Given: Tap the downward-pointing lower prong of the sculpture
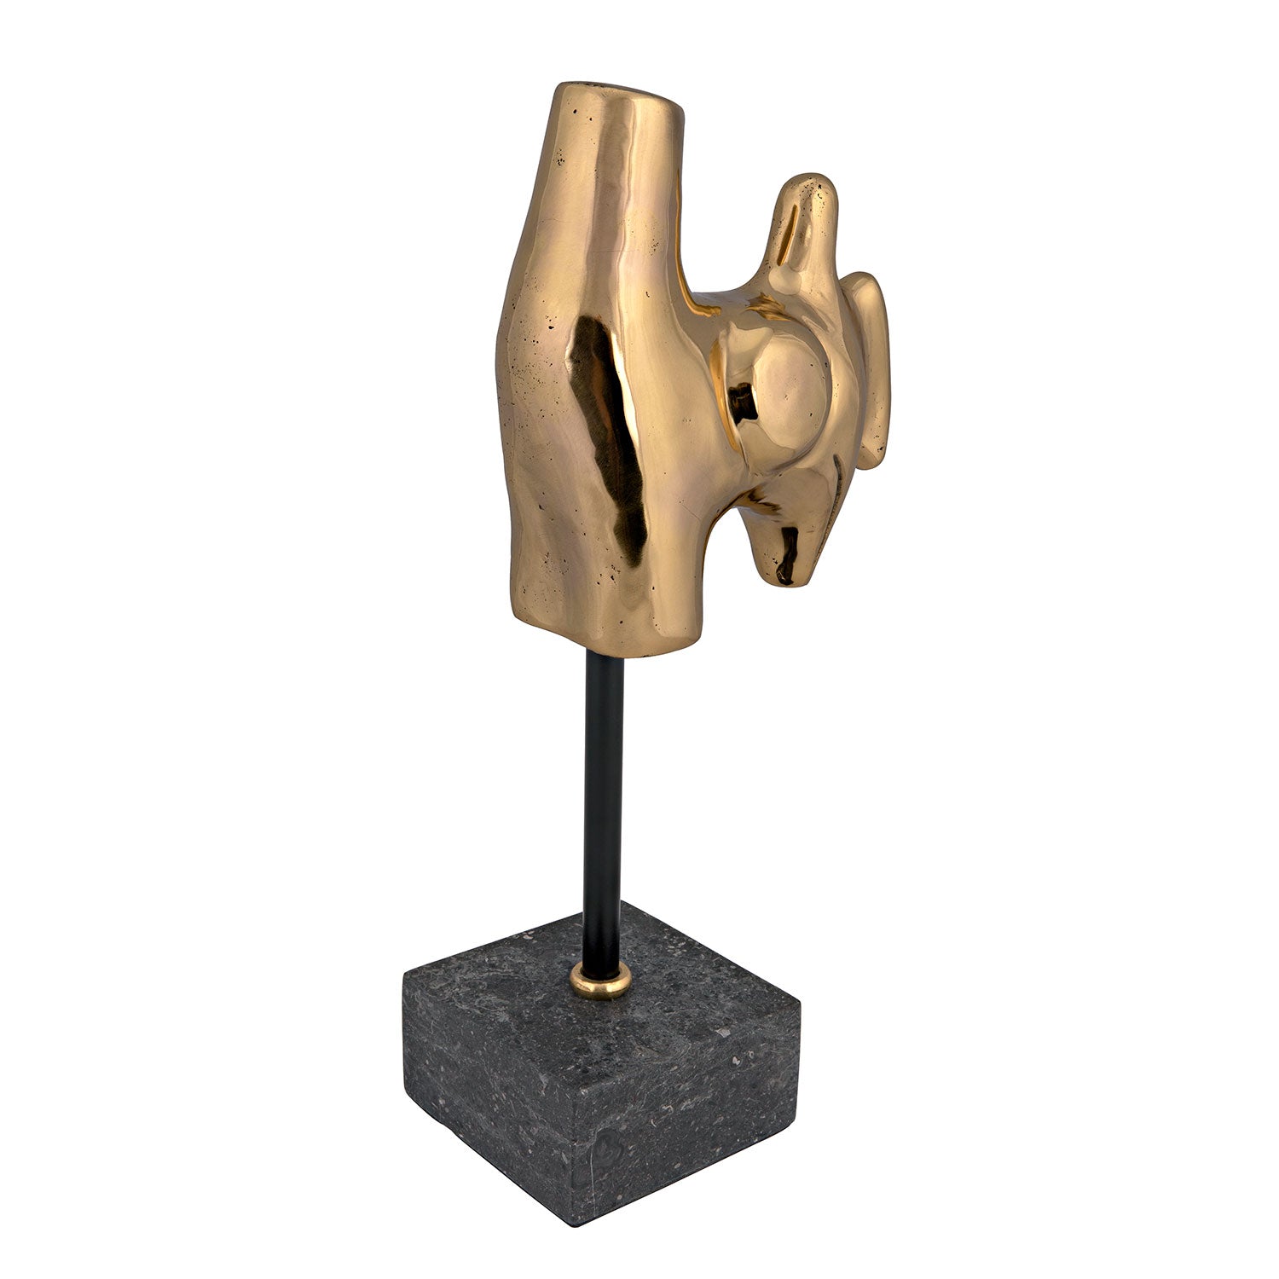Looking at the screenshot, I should [x=789, y=546].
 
